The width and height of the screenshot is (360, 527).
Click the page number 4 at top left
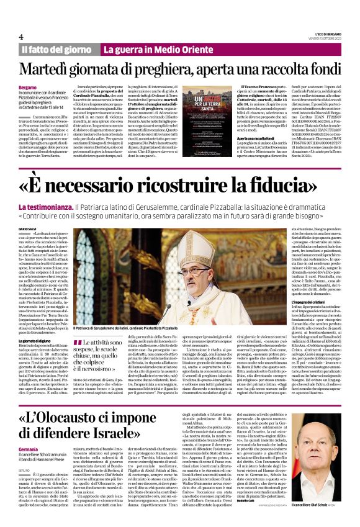(21, 37)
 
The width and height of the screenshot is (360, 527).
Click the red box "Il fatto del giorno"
(57, 49)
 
